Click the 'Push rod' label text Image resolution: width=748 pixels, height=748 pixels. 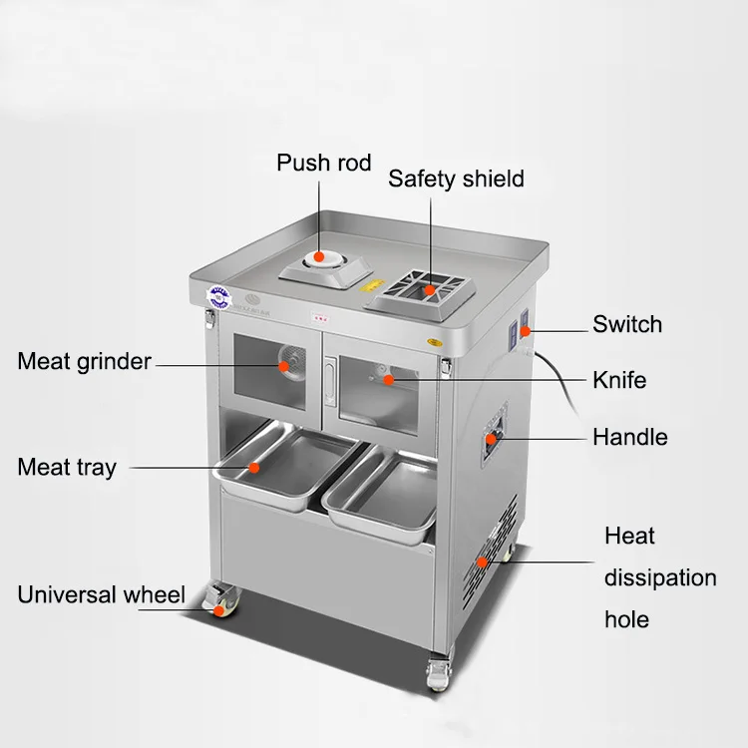click(x=323, y=163)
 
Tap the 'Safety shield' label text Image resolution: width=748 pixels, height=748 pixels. click(x=456, y=180)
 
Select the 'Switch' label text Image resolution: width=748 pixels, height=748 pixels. click(x=626, y=324)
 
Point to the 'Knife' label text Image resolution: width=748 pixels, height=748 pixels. click(x=619, y=380)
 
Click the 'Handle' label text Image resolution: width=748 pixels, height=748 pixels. click(x=629, y=437)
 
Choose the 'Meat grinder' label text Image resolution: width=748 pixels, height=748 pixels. click(x=85, y=361)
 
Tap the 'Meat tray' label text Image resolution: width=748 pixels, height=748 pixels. click(x=67, y=467)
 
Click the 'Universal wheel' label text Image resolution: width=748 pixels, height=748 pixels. click(x=101, y=596)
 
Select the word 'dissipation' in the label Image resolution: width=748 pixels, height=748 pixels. click(x=659, y=578)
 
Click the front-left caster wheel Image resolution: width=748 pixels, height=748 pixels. click(x=218, y=600)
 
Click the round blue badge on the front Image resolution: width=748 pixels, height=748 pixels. click(x=218, y=296)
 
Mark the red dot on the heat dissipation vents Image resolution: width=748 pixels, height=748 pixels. click(x=484, y=562)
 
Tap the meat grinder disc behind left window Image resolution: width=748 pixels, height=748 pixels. click(x=286, y=364)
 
